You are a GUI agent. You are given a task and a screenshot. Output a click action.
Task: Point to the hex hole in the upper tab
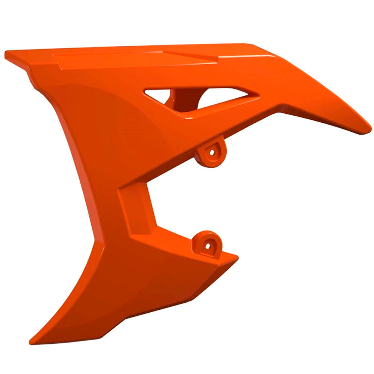(212, 152)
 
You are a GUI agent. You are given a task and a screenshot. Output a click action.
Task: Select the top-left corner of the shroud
(7, 54)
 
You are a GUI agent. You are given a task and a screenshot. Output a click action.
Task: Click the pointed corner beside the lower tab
(236, 256)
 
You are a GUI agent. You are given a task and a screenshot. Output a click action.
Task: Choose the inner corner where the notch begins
(123, 187)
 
